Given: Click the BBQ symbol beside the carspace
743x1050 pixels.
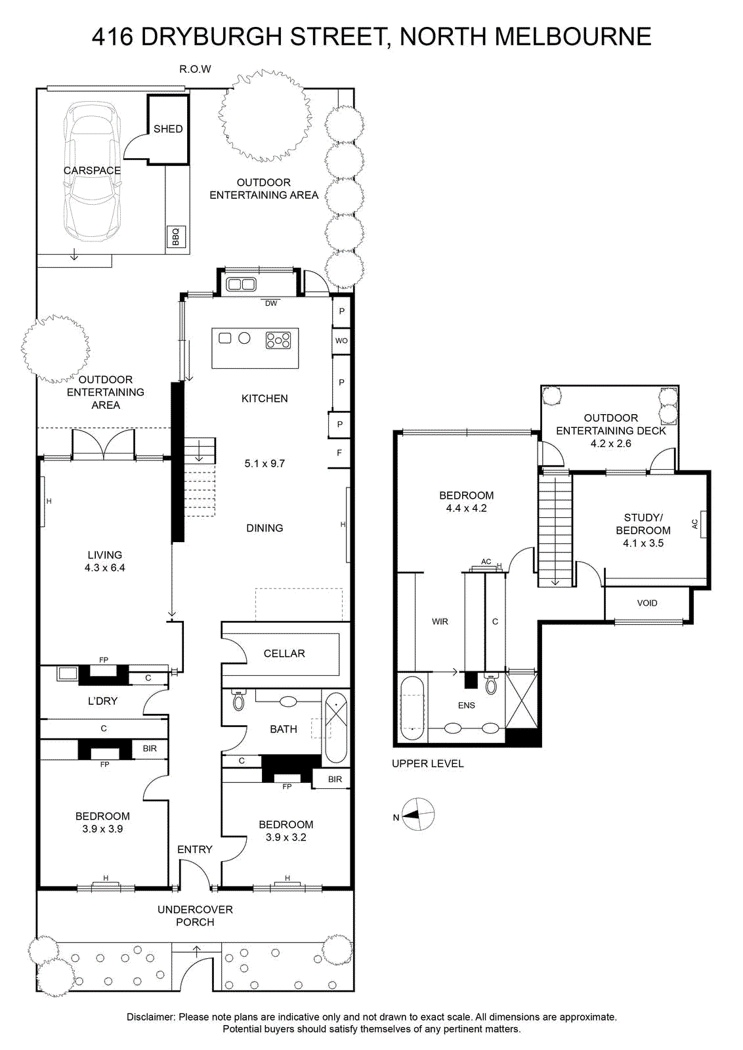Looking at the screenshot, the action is coord(176,237).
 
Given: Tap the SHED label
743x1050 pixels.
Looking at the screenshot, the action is coord(168,129).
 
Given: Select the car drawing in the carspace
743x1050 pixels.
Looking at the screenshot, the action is coord(93,171).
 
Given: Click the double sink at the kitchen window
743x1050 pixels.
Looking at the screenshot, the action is coord(241,284).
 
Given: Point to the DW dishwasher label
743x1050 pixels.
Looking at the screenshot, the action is coord(272,303).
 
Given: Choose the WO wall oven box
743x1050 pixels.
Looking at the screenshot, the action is coord(341,341).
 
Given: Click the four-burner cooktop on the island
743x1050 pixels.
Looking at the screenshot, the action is coord(278,341).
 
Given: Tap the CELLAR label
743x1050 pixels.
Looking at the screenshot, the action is coord(284,654).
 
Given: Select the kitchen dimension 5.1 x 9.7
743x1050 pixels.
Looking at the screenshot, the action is coord(265,463).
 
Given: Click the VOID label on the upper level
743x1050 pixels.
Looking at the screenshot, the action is coord(647,603).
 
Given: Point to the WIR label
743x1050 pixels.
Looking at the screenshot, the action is coord(440,621).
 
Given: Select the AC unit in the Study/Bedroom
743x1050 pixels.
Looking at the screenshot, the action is coord(703,524).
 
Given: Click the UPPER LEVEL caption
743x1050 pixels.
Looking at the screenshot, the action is coord(427,764).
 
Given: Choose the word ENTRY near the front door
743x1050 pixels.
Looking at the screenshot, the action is coord(194,849).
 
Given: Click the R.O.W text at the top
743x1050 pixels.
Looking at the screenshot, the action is coord(195,70).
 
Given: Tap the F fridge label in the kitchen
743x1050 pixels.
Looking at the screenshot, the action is coord(339,453).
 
